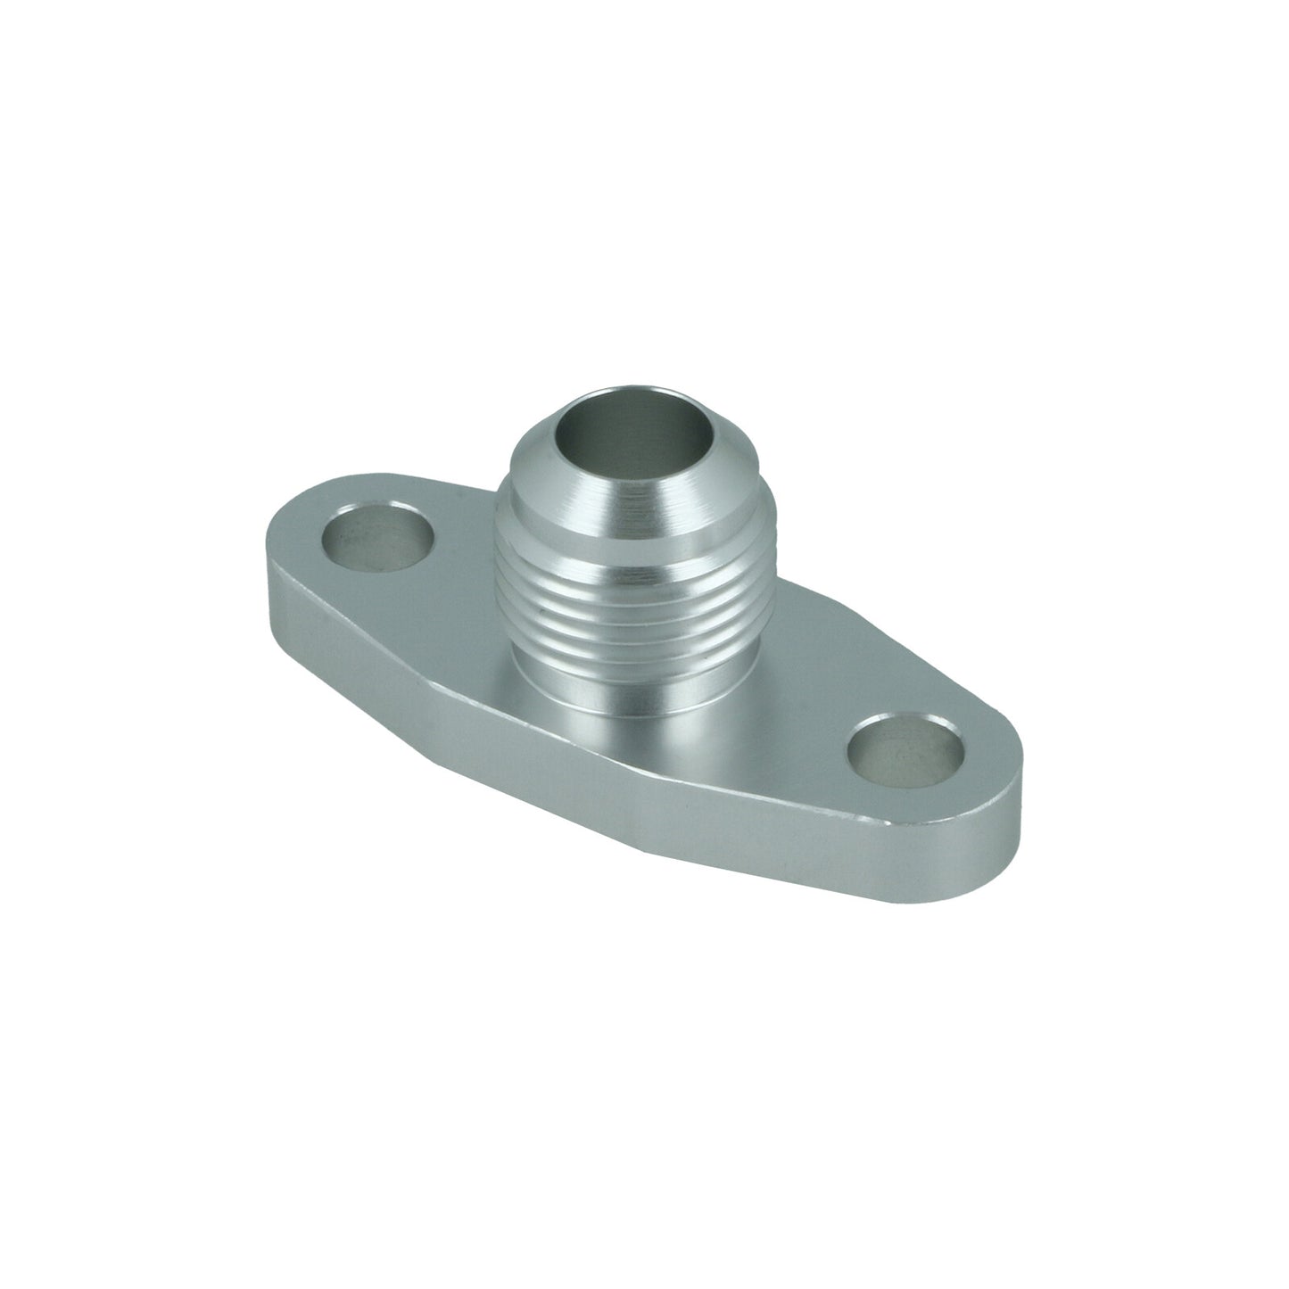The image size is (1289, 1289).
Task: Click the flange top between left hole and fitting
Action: [x=455, y=580]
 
